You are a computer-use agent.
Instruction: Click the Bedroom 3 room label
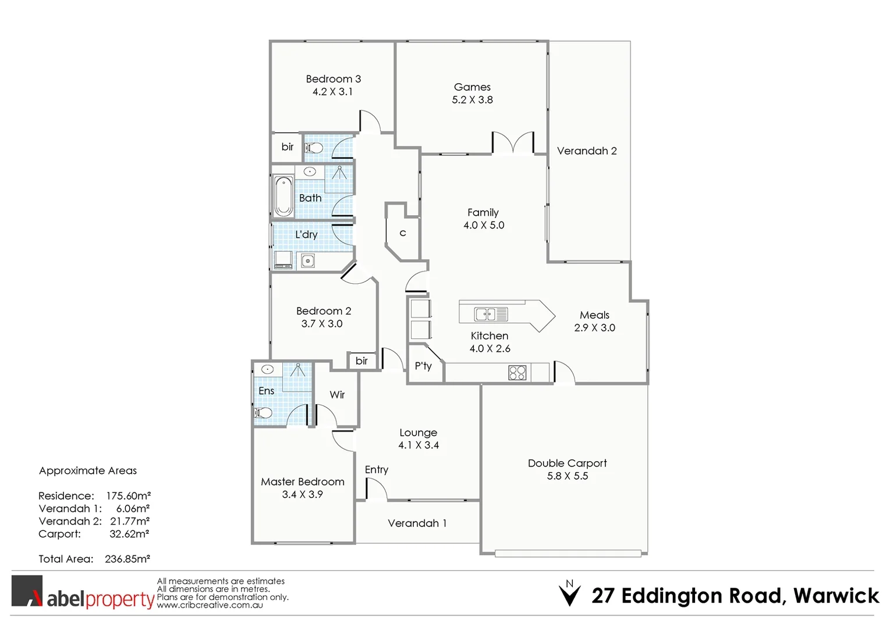(x=333, y=79)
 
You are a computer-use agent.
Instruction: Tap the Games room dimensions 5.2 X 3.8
(x=472, y=100)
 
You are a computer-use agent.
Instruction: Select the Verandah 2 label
(x=586, y=151)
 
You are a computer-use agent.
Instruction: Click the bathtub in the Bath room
(x=283, y=196)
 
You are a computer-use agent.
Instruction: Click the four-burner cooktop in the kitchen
(x=517, y=373)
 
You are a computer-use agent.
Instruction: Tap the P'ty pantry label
(x=423, y=366)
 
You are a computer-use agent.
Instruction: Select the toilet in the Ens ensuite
(x=263, y=413)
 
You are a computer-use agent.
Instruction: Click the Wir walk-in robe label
(x=337, y=395)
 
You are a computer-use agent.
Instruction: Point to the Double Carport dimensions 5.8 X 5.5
(x=567, y=476)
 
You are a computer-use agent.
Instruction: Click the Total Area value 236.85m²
(x=127, y=559)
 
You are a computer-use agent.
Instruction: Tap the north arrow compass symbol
(x=569, y=594)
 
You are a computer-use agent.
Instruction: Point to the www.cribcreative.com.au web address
(x=210, y=605)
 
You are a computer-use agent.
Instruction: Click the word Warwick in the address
(x=836, y=596)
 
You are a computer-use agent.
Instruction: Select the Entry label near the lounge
(x=376, y=470)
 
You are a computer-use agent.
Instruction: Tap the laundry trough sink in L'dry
(x=307, y=261)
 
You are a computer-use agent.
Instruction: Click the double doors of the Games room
(x=513, y=143)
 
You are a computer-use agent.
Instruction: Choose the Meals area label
(x=594, y=315)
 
